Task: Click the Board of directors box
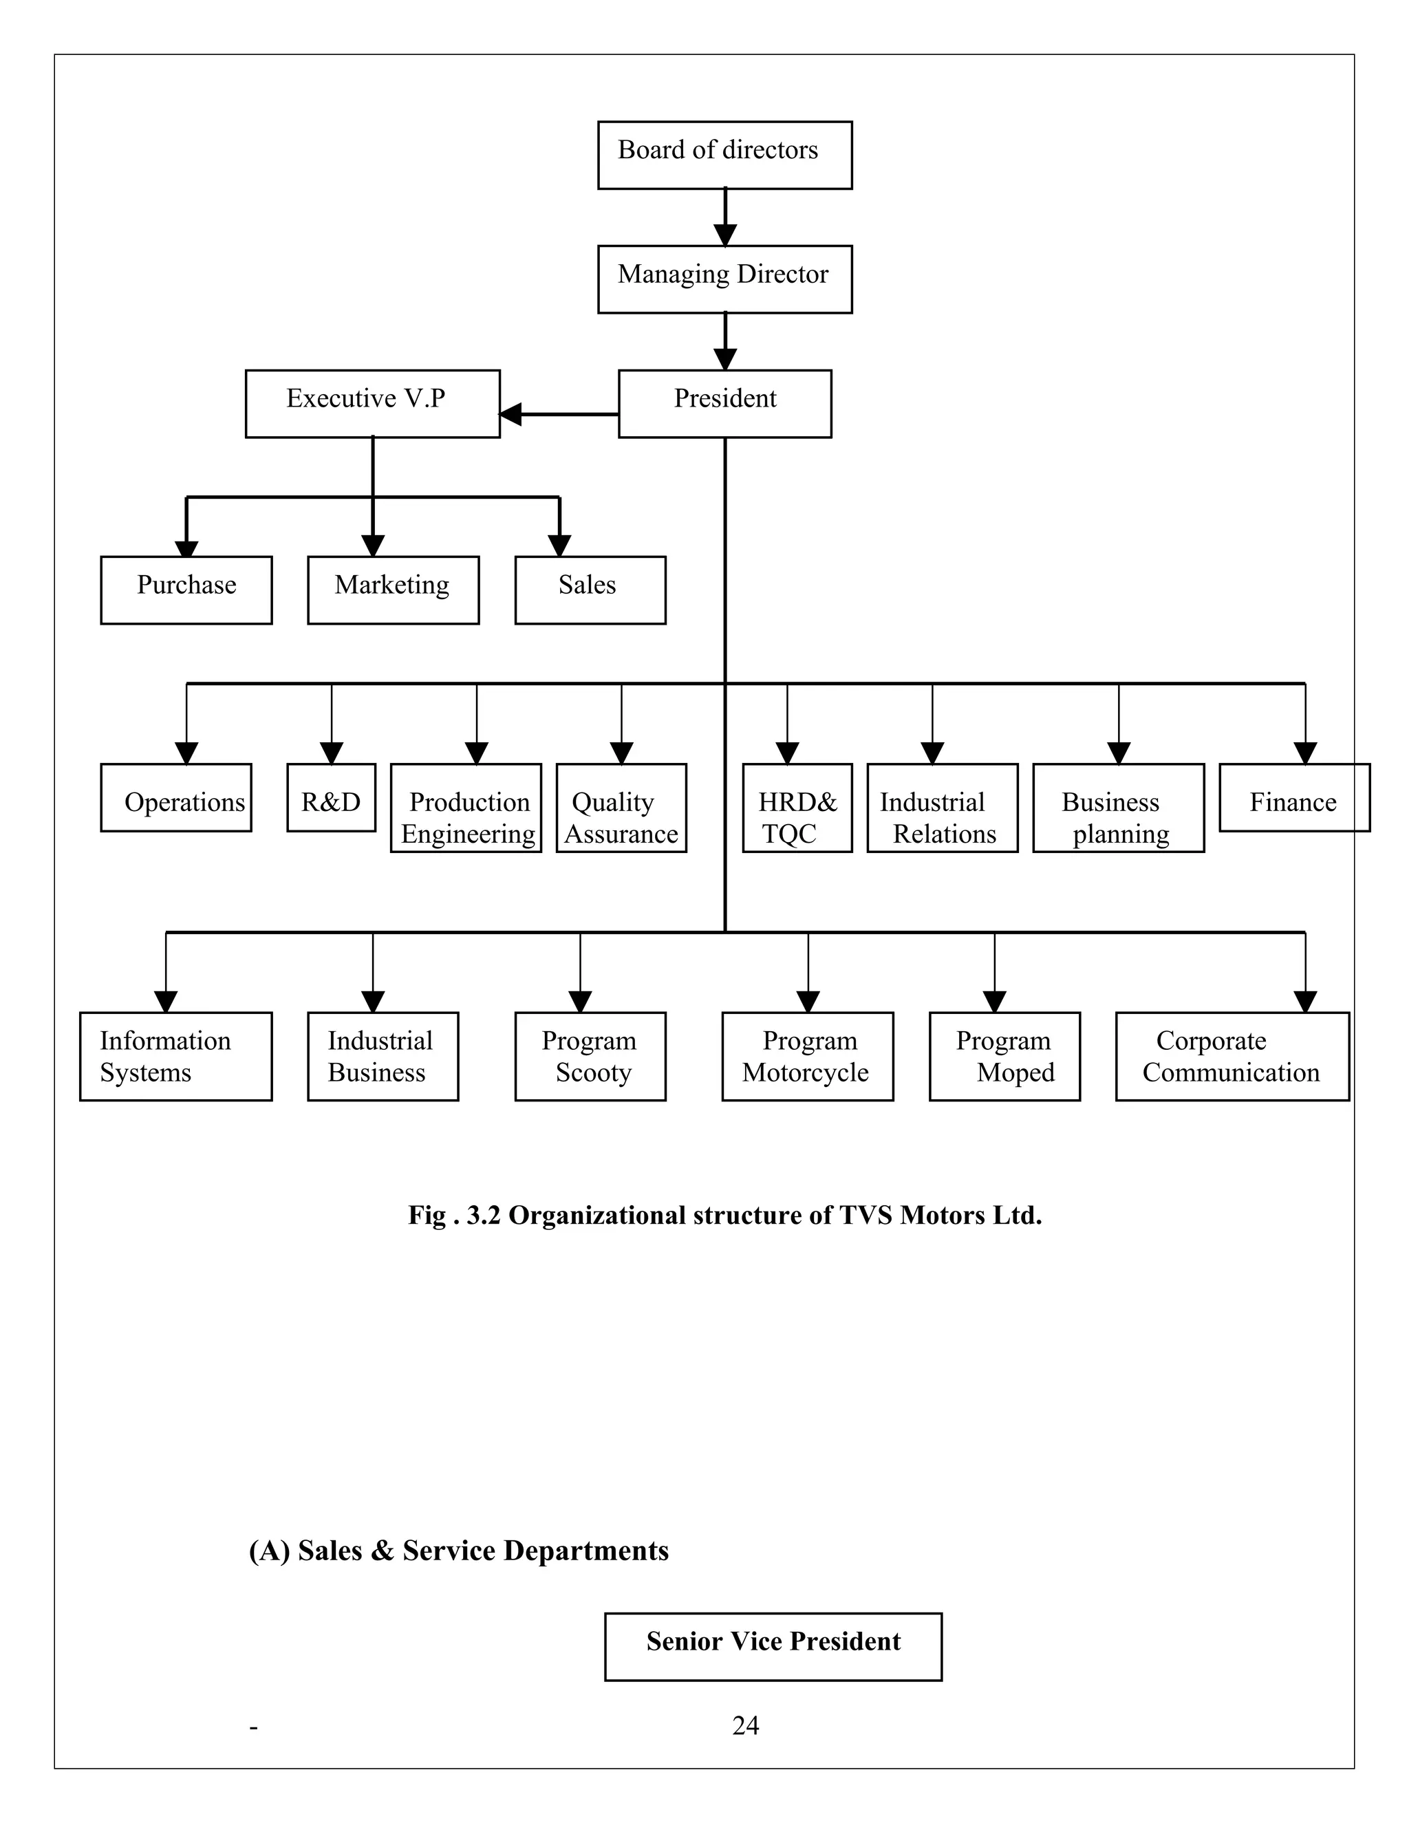point(724,155)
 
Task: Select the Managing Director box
point(724,279)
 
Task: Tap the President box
point(724,404)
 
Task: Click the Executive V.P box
point(372,404)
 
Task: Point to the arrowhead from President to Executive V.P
point(510,414)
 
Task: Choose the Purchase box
point(186,590)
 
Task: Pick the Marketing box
point(393,590)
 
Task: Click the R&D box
point(332,798)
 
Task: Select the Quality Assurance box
point(621,808)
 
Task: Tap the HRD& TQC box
point(797,808)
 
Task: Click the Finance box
point(1294,798)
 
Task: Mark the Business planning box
point(1119,808)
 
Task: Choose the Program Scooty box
point(590,1057)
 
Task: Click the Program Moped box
point(1004,1057)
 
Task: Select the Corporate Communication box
point(1232,1057)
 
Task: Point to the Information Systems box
point(175,1057)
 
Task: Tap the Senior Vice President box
point(773,1647)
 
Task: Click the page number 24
point(745,1725)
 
